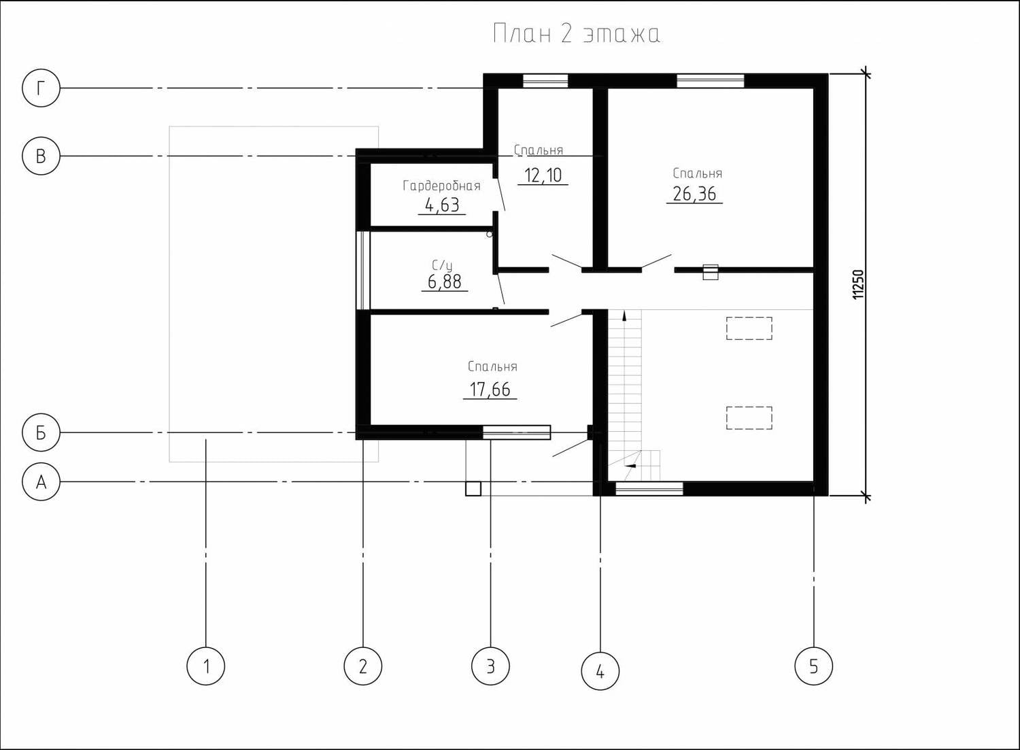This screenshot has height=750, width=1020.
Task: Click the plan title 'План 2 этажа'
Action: coord(577,34)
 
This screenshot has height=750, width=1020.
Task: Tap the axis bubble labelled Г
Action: coord(41,88)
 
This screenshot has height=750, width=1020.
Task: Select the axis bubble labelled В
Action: coord(41,156)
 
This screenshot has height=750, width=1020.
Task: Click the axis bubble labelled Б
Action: coord(41,432)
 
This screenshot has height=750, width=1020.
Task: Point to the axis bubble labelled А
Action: coord(41,481)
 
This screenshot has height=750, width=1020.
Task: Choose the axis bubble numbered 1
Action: coord(206,666)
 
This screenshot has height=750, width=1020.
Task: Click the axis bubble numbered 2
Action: coord(363,666)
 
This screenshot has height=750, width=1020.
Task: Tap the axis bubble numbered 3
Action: coord(490,666)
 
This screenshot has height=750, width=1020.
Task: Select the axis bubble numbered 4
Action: coord(600,670)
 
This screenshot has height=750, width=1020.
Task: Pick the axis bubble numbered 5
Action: coord(814,666)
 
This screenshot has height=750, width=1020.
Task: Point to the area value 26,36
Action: coord(694,194)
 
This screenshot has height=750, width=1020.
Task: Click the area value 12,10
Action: coord(543,175)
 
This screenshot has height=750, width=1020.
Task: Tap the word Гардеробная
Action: coord(442,186)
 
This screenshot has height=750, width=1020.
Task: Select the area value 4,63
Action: coord(442,205)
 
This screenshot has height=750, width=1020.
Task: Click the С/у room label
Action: coord(442,265)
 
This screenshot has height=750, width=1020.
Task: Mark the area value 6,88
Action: coord(445,282)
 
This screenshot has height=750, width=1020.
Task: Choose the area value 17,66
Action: coord(490,390)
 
